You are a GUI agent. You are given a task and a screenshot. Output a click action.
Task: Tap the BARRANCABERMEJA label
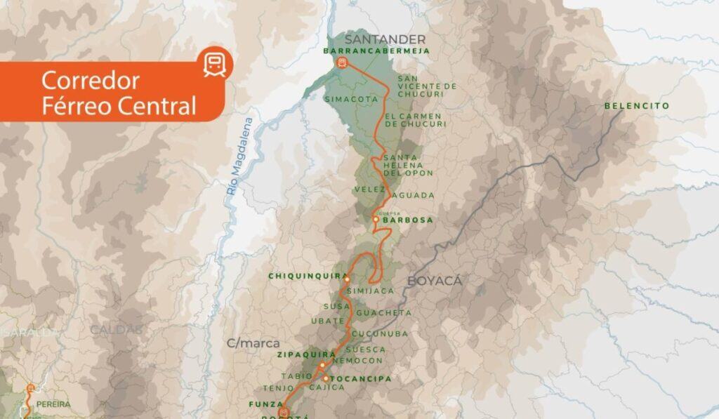point(367,51)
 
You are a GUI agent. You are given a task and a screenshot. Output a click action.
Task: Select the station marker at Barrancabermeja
point(342,62)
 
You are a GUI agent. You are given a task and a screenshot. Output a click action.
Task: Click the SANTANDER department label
point(384,39)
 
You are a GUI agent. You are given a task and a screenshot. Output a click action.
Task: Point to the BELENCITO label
point(636,105)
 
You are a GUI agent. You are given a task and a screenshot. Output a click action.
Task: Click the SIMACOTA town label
point(351,100)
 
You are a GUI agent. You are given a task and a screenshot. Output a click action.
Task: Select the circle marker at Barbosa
point(376,220)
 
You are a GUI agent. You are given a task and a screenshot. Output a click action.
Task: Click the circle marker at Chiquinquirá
point(347,279)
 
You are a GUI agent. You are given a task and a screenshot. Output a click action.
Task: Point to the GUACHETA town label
point(384,312)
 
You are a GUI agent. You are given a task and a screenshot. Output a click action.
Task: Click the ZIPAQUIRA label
point(297,355)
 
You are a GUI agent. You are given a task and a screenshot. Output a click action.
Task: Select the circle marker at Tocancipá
point(326,378)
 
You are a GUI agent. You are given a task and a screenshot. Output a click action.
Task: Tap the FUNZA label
point(264,404)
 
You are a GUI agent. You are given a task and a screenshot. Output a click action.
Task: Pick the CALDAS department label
point(116,328)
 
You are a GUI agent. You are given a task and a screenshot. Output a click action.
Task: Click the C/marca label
point(253,343)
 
